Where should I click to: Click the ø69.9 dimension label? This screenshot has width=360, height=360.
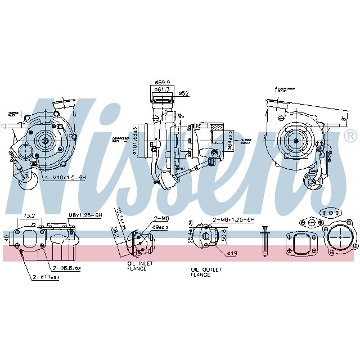click(x=163, y=82)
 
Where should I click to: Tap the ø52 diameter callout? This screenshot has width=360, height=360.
click(x=183, y=93)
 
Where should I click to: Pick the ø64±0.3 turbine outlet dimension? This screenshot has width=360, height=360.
click(x=230, y=140)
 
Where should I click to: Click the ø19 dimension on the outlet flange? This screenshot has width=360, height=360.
click(x=231, y=253)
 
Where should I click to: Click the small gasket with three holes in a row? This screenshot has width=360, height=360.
click(x=330, y=213)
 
